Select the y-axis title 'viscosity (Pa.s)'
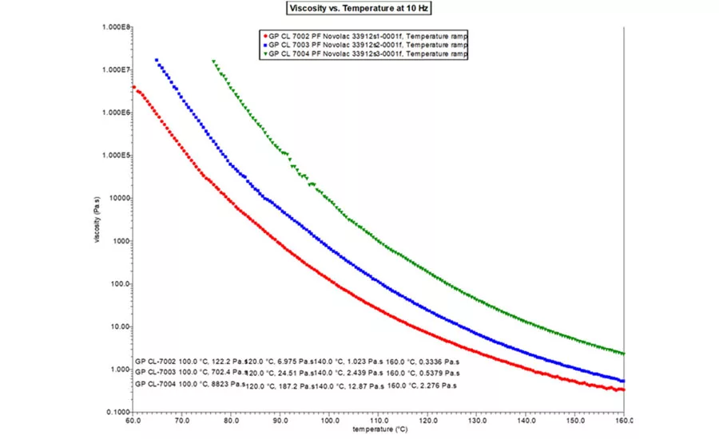coord(97,219)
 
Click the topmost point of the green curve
coord(213,61)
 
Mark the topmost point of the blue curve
coord(157,60)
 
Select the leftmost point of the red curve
coord(133,88)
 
